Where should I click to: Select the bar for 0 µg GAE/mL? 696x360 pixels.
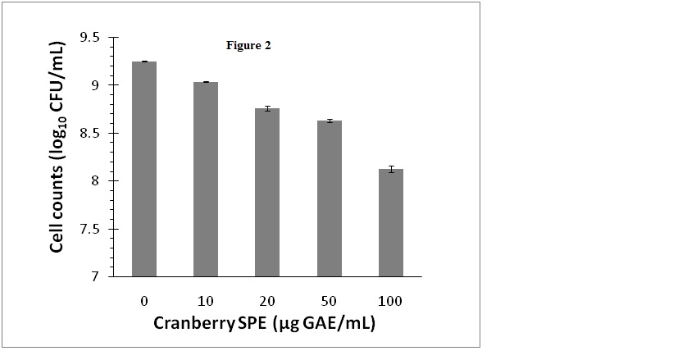144,169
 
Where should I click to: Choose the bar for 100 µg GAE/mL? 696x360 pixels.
391,222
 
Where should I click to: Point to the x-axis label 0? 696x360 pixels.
144,301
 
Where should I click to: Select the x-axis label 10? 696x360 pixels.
206,301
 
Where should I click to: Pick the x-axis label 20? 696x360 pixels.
267,301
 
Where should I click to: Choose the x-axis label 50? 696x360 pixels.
329,301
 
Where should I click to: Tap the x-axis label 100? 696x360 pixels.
391,301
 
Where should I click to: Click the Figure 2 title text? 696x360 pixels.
248,46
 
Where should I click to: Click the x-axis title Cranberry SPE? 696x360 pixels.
265,323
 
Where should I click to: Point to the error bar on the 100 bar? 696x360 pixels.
391,170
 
